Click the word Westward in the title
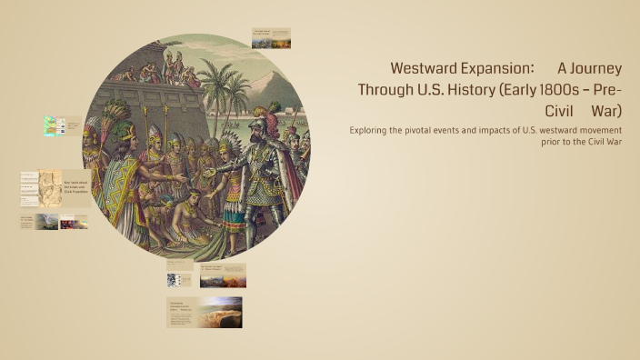point(426,68)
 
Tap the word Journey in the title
point(596,68)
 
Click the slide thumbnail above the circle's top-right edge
point(271,37)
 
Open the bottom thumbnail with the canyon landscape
point(205,312)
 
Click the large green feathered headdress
point(115,118)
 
